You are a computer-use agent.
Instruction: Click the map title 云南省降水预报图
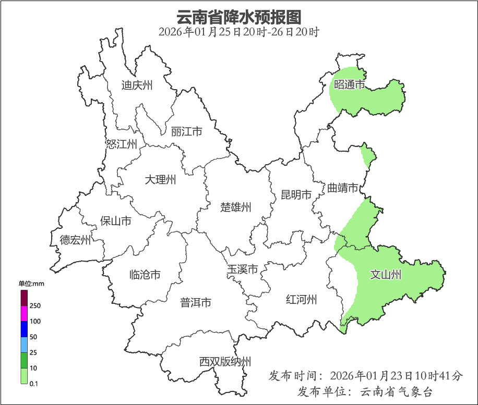tap(238, 17)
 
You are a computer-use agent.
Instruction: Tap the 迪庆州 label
tap(137, 85)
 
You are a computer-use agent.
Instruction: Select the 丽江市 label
tap(186, 132)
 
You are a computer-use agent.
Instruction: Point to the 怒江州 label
tap(121, 144)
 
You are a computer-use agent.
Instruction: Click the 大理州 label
tap(160, 180)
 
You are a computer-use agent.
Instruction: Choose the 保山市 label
tap(115, 221)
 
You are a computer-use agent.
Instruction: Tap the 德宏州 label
tap(75, 240)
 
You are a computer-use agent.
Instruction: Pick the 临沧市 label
tap(145, 275)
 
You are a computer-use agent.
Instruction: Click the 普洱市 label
tap(196, 302)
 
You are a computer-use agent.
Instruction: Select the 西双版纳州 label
tap(225, 361)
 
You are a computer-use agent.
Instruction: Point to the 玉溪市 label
tap(242, 270)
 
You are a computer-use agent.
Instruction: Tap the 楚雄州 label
tap(236, 207)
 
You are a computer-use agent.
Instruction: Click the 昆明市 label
tap(296, 195)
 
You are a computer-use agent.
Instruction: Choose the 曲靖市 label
tap(343, 188)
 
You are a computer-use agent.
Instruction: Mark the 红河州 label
tap(302, 300)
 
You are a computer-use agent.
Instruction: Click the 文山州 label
tap(386, 274)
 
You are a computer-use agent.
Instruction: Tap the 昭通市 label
tap(349, 84)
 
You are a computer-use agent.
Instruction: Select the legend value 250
tap(35, 305)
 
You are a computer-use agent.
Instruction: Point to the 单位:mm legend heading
tap(32, 284)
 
